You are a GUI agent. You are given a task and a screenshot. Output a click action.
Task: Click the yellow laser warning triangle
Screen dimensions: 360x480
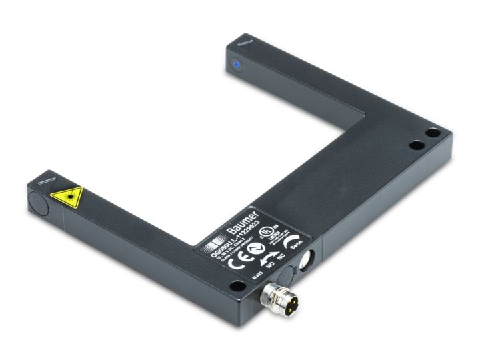click(x=68, y=197)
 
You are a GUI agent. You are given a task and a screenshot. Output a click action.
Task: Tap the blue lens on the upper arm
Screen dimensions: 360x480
click(x=235, y=65)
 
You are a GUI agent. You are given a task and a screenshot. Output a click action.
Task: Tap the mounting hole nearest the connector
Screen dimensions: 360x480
click(x=237, y=286)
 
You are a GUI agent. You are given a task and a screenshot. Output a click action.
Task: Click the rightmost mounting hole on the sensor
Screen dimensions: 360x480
click(x=433, y=133)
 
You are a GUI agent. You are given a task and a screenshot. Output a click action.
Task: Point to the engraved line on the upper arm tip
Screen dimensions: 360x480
click(x=244, y=43)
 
